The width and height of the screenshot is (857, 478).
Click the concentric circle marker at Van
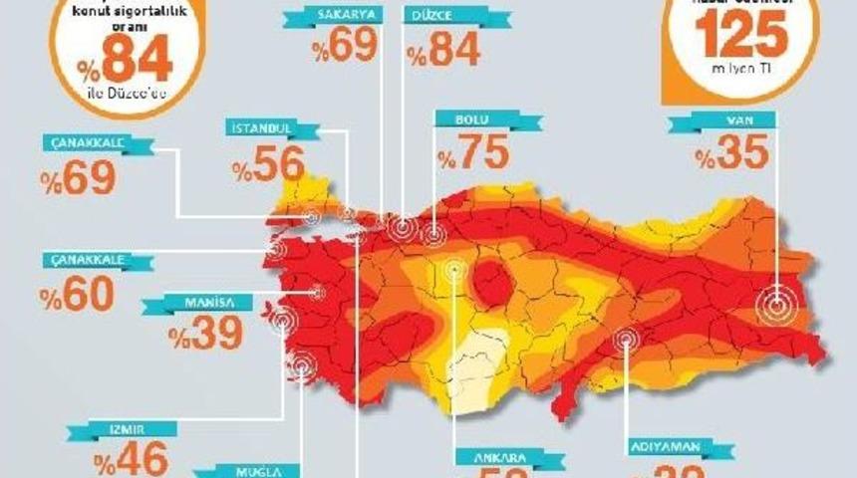pos(776,305)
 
